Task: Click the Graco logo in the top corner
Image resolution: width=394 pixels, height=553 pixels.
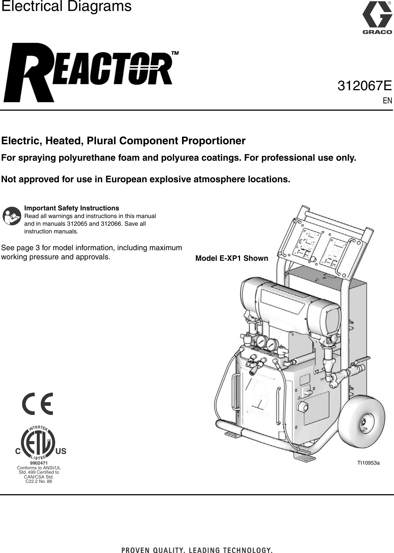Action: pos(377,18)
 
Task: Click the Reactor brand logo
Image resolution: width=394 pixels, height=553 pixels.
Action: pos(89,72)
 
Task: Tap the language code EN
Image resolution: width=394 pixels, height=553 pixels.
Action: pos(387,100)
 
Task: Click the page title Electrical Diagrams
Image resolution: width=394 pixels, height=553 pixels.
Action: pos(66,7)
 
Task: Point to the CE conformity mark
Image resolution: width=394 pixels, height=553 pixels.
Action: pos(38,404)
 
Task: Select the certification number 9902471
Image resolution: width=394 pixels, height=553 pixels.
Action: pos(39,464)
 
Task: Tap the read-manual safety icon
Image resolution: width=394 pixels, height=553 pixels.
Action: pos(12,216)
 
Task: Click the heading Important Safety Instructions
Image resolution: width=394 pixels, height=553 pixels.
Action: pos(72,208)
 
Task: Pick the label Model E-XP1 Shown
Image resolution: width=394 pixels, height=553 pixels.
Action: pos(232,259)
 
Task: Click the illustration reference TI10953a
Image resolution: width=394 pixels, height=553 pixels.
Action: pos(368,463)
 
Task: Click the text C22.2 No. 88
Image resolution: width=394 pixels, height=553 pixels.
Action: pos(39,481)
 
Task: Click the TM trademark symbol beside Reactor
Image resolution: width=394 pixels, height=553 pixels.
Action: pos(175,53)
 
